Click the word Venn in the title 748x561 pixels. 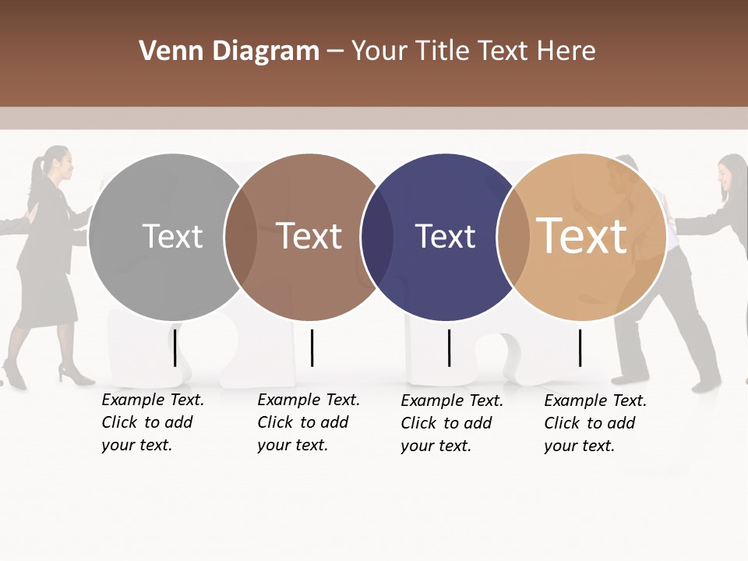[x=161, y=51]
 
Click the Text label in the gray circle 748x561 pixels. [x=172, y=236]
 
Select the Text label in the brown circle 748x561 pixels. [x=309, y=236]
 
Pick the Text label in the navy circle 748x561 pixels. [x=445, y=237]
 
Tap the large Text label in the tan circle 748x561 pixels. [x=582, y=236]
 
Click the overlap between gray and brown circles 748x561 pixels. [x=241, y=237]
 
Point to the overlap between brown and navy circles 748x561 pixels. [x=377, y=237]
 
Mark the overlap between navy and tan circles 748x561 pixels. [x=513, y=237]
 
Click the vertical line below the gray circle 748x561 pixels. [x=175, y=348]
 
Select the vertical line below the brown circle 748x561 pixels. [x=312, y=348]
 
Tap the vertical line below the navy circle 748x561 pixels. [x=449, y=348]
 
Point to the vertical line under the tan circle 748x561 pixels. [x=580, y=348]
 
